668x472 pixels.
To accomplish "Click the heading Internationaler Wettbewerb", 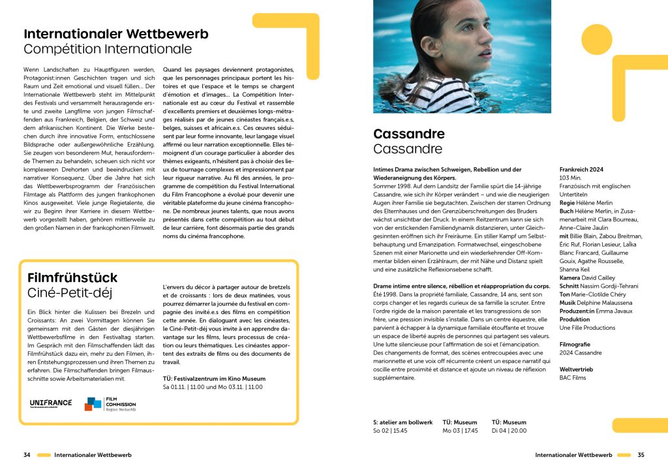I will click(x=116, y=34).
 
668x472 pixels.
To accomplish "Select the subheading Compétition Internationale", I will click(x=108, y=49).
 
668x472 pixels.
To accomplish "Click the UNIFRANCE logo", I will click(x=50, y=403).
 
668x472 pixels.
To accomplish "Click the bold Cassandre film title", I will click(x=409, y=134).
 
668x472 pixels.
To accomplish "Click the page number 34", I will click(x=27, y=454).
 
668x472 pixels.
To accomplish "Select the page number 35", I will click(x=641, y=454).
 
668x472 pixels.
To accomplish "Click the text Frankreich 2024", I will click(x=581, y=170).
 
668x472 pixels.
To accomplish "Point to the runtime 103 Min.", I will click(x=570, y=178).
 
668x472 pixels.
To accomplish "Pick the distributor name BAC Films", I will click(x=573, y=377).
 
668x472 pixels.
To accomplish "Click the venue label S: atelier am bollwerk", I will click(x=402, y=422).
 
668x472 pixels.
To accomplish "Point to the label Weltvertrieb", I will click(x=578, y=369).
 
